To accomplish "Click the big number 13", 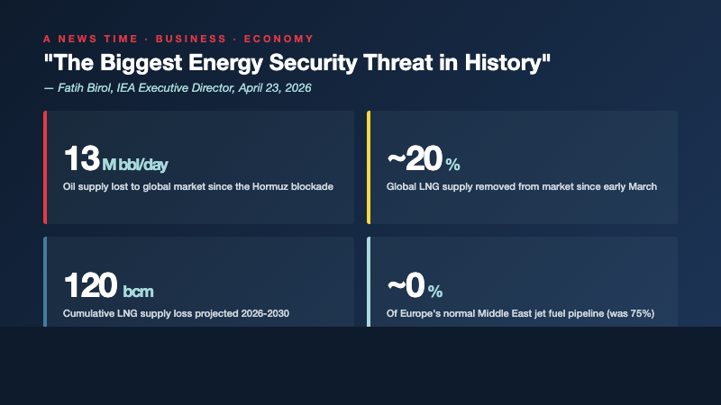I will [x=80, y=159].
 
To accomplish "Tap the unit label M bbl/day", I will [x=135, y=165].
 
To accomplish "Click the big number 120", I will [x=91, y=286].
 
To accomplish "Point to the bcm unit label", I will [x=138, y=292].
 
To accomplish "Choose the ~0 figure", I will [x=406, y=286].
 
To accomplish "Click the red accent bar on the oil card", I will [x=45, y=167].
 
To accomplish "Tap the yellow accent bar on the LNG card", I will [x=369, y=167].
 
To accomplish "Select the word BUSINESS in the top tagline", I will [x=188, y=39].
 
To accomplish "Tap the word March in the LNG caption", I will [x=640, y=187].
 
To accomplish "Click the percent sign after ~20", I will [x=452, y=165].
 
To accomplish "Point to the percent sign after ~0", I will [x=435, y=292].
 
